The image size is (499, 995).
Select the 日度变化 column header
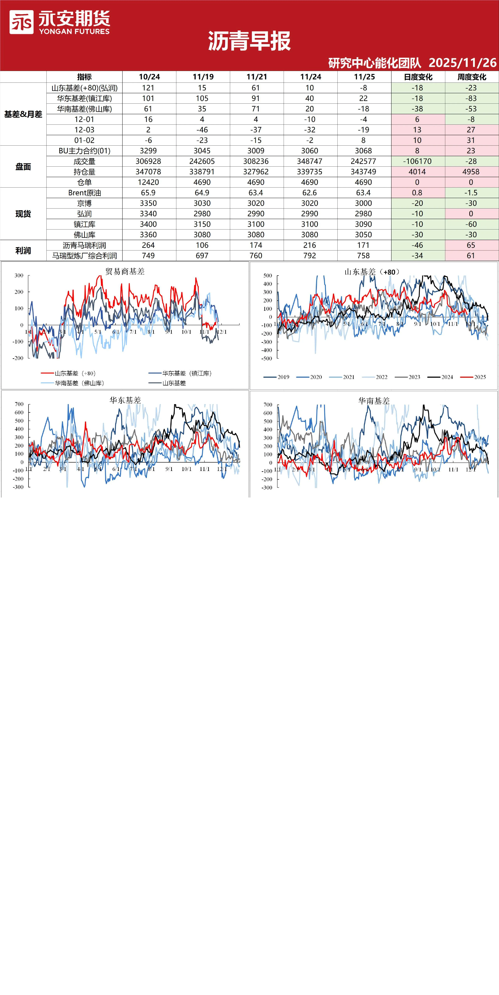(418, 77)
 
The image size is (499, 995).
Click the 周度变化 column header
(472, 77)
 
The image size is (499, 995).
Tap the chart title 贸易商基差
(125, 272)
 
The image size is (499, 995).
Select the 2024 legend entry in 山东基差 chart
(440, 377)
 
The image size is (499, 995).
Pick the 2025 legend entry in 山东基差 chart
(473, 377)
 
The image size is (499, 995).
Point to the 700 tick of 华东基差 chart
(19, 404)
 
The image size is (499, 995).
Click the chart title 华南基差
(374, 401)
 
